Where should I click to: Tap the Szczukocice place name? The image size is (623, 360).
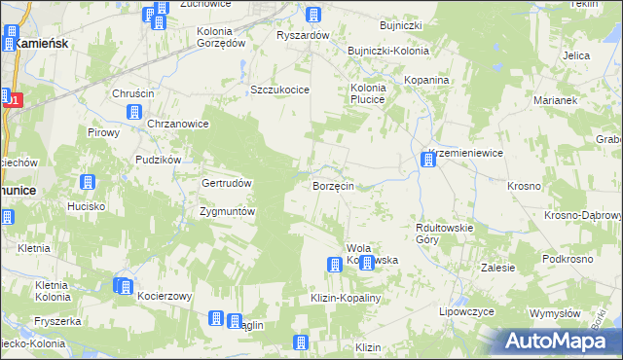(279, 89)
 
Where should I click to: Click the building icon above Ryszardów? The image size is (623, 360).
(313, 16)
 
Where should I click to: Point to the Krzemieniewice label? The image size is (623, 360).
(464, 155)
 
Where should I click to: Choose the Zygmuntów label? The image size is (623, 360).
(226, 211)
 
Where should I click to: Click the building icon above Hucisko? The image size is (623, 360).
(87, 183)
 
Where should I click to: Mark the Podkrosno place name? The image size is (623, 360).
(568, 259)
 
